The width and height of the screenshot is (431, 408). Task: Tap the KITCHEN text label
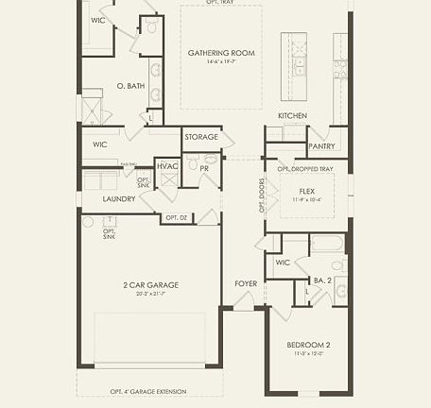coord(292,115)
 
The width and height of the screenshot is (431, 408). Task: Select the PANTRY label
coord(322,146)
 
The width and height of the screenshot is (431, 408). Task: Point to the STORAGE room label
coord(201,137)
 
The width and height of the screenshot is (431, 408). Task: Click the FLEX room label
coord(306,190)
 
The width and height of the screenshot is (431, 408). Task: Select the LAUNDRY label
coord(119,199)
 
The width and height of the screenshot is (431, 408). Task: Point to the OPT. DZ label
coord(177,218)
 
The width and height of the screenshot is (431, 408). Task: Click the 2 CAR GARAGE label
coord(150,284)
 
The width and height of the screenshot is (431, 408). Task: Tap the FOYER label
coord(246,283)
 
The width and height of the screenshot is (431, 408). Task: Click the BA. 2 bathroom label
coord(321,280)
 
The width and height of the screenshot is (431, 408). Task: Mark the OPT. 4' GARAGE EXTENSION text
coord(147,391)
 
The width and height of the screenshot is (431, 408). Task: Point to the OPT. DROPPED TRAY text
coord(304,168)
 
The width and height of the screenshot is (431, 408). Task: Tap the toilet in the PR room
coord(193,164)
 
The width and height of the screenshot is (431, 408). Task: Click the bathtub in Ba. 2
coord(327,244)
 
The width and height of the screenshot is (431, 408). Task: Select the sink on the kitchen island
coord(299,64)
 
